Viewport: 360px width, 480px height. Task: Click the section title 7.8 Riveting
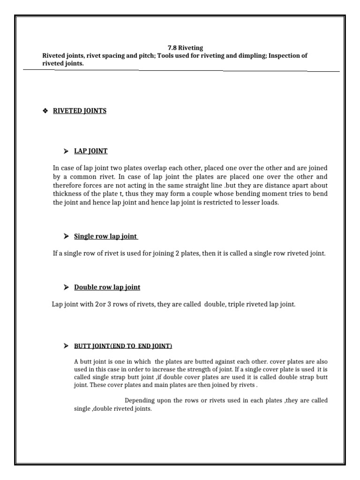179,48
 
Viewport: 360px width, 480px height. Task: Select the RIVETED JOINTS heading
80,111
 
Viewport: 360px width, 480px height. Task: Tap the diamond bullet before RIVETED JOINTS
45,111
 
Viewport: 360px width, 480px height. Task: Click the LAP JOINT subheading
91,151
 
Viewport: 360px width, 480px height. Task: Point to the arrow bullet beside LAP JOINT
66,151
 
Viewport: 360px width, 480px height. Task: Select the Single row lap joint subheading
106,236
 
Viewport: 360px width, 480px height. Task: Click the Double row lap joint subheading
107,287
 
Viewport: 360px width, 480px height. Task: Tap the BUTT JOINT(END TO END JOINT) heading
123,346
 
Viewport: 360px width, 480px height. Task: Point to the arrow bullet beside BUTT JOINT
66,346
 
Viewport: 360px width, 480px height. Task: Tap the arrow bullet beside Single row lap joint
66,236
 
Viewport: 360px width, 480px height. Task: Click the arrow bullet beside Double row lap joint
66,287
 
